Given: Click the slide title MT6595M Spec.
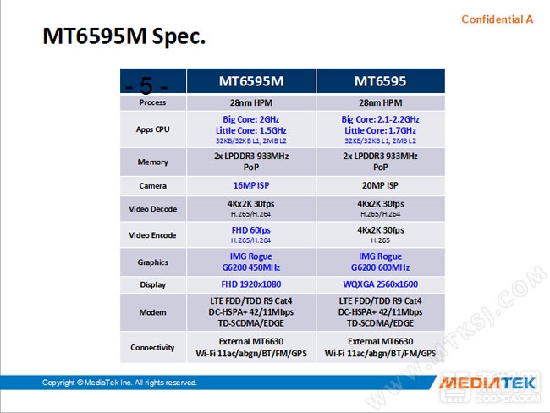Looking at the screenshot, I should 124,38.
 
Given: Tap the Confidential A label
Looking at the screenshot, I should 497,19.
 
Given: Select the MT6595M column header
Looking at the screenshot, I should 251,81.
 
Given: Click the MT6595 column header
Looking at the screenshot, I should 380,81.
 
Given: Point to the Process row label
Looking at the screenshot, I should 152,102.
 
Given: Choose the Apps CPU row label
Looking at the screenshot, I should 152,130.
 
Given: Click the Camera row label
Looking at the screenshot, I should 152,185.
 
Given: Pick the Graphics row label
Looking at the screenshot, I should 152,262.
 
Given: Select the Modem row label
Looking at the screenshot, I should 152,312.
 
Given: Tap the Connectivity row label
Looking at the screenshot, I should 152,347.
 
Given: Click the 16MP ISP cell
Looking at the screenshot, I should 251,184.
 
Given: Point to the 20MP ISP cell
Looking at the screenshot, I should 380,184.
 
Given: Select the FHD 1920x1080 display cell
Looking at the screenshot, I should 251,284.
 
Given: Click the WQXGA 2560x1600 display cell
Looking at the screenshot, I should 380,284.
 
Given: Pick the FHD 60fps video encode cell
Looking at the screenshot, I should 251,229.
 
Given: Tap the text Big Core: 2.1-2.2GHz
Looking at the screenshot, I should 380,119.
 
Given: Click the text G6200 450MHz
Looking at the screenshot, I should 251,267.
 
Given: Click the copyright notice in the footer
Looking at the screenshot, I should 119,383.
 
